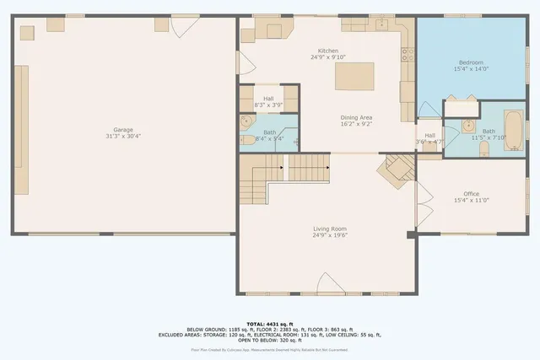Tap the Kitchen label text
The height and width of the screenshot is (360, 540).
pos(327,51)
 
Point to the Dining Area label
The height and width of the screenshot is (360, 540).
pos(356,117)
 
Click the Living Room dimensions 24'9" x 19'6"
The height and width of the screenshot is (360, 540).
pos(329,235)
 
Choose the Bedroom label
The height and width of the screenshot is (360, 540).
pos(470,63)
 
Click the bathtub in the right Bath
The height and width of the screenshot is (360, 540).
pos(512,126)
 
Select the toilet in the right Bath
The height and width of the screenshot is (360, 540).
pos(483,149)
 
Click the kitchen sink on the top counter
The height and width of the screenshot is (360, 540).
pos(382,24)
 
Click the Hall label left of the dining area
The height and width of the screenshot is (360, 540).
pos(268,99)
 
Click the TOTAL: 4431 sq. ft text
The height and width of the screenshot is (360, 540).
pos(270,324)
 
